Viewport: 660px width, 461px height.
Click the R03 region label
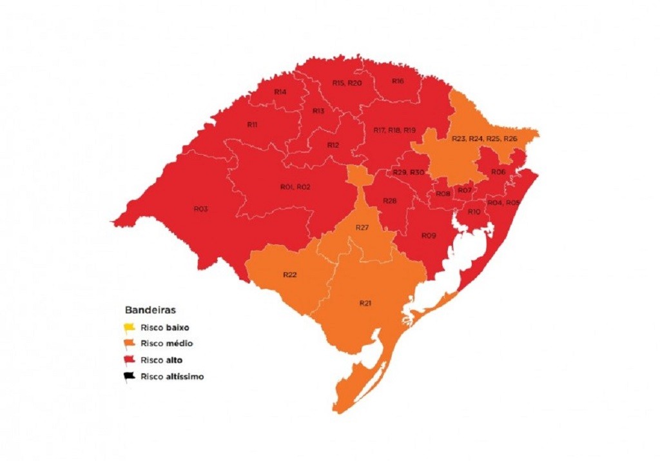point(200,209)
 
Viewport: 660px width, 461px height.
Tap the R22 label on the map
point(289,275)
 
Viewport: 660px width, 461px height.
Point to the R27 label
point(362,228)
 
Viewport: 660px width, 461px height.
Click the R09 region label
point(429,235)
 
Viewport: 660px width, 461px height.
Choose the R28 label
point(389,201)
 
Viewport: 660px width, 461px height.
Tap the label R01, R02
point(295,187)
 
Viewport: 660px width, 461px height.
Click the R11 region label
point(253,124)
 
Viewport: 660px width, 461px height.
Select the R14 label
point(280,92)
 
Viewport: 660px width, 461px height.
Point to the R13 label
point(318,111)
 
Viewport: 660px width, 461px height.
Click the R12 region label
point(333,145)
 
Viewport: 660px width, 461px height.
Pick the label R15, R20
point(347,83)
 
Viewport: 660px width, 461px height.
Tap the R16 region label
point(398,81)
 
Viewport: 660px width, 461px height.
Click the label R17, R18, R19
point(394,130)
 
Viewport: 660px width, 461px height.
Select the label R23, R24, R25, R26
point(484,139)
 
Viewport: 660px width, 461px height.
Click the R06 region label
point(498,172)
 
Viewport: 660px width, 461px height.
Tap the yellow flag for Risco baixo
point(130,327)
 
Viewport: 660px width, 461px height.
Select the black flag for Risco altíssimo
point(130,376)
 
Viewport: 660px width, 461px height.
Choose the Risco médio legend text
point(170,344)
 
